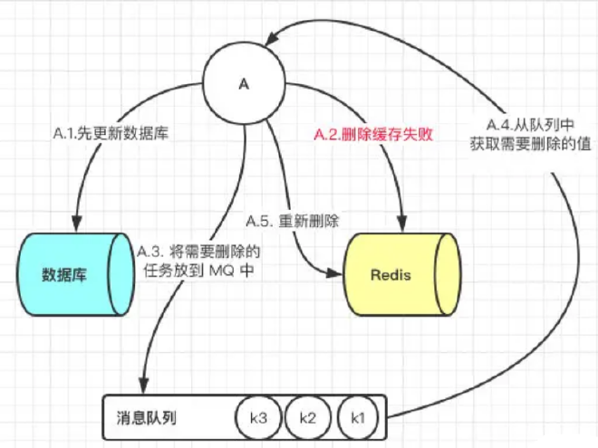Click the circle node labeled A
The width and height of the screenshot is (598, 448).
click(244, 84)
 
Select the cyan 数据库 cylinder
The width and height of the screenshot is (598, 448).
click(71, 274)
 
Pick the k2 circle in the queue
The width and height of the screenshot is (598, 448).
click(307, 417)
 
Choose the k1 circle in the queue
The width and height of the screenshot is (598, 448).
click(357, 417)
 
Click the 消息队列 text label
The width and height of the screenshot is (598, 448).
click(147, 418)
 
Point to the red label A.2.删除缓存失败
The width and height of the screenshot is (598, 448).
click(373, 135)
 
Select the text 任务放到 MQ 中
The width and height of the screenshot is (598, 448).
click(198, 269)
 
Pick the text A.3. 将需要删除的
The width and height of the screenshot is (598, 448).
click(198, 250)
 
